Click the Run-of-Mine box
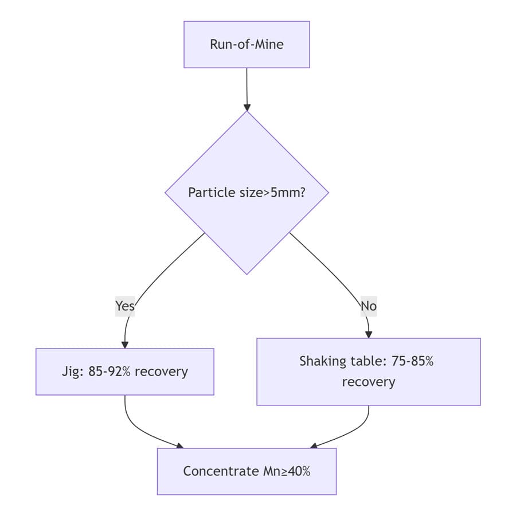[247, 45]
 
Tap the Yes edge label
[124, 306]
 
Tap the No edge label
[368, 306]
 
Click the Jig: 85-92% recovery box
[124, 372]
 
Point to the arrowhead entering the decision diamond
[247, 107]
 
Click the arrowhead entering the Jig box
[124, 345]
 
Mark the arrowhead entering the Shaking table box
[368, 334]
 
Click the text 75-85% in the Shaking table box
[413, 361]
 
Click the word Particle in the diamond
[209, 193]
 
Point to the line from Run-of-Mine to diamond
[247, 86]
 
